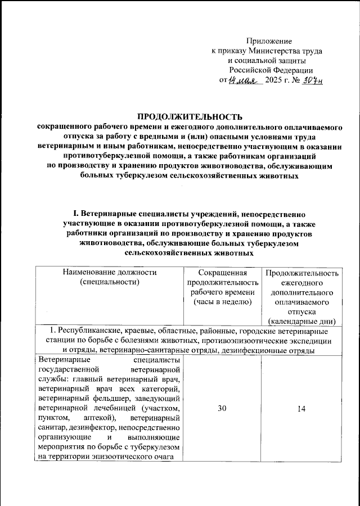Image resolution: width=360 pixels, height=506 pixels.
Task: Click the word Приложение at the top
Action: (x=270, y=40)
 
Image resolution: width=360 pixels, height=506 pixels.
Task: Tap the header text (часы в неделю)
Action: (x=223, y=302)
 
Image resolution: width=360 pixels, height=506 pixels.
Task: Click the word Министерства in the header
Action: (x=269, y=51)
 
